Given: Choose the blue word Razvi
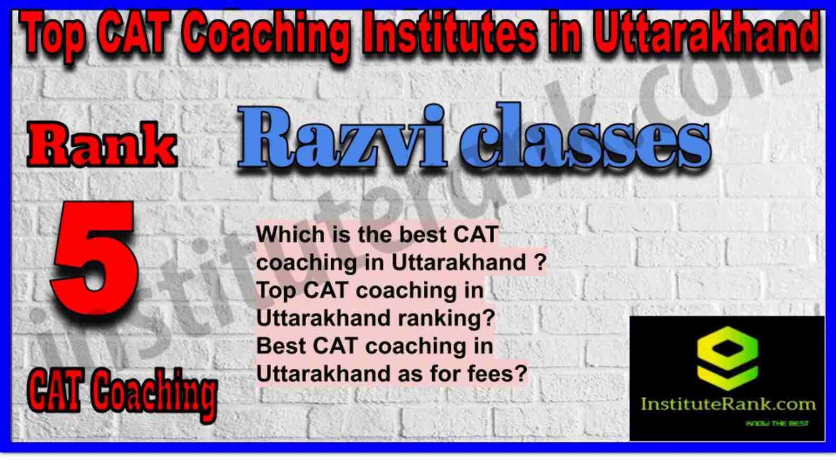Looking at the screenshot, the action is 342,138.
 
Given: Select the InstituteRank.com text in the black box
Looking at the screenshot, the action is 727,404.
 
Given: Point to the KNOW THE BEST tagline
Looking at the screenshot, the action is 776,424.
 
